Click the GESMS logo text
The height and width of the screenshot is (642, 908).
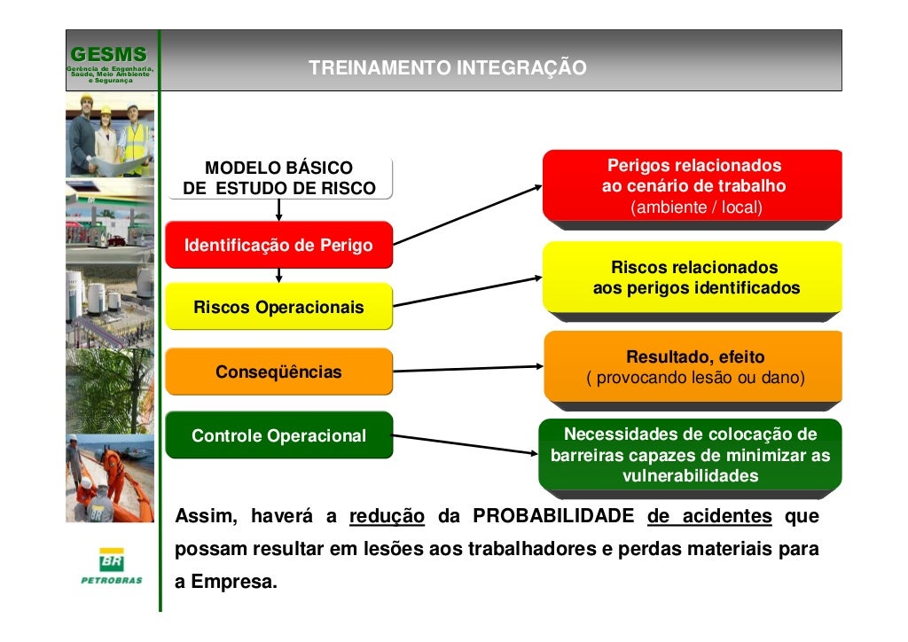(108, 54)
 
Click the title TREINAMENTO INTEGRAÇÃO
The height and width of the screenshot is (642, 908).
(447, 68)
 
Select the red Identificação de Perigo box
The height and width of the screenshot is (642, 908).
(278, 245)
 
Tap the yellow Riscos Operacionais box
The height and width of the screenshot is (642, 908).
(278, 307)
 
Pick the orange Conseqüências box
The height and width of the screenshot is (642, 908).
(278, 372)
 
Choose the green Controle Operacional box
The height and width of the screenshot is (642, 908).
(278, 435)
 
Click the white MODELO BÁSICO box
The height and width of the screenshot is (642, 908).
(278, 178)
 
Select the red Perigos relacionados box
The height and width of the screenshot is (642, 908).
(693, 187)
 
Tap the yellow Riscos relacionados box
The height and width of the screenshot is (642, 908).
(693, 278)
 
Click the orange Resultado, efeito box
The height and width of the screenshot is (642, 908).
(693, 368)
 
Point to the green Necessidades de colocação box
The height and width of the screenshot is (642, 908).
(690, 455)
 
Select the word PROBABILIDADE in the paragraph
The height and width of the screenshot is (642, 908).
(553, 517)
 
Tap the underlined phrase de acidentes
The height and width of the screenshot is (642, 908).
(709, 517)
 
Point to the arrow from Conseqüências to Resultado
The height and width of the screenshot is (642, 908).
(466, 369)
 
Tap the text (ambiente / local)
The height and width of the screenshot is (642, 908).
(695, 208)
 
